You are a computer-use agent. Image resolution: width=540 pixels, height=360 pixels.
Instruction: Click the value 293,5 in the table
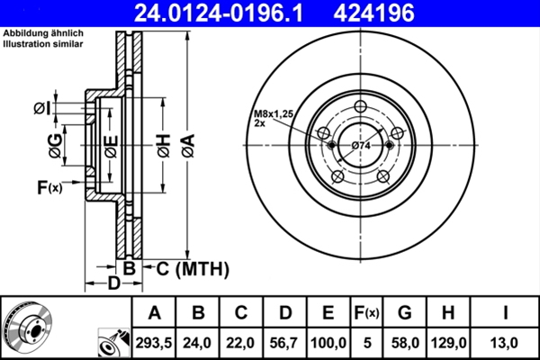coord(155,343)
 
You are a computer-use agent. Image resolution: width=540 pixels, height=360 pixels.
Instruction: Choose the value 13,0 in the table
coord(505,343)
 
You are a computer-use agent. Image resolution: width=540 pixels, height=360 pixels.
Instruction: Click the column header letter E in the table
coord(328,313)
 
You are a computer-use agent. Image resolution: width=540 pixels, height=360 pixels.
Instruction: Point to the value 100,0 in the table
coord(328,343)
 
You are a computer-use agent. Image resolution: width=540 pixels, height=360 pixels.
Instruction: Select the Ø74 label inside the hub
coord(362,146)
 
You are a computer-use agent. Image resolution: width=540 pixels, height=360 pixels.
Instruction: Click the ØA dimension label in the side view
coord(186,144)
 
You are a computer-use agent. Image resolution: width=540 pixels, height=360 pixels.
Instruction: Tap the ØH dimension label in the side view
coord(162,145)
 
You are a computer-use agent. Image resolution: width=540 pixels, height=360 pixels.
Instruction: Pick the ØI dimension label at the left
coord(41,109)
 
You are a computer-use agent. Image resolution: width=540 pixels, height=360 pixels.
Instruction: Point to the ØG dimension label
coord(57,144)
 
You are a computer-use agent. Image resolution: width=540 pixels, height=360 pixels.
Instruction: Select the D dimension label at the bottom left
coord(113,284)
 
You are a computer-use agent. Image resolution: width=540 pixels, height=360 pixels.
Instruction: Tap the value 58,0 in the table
coord(404,343)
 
